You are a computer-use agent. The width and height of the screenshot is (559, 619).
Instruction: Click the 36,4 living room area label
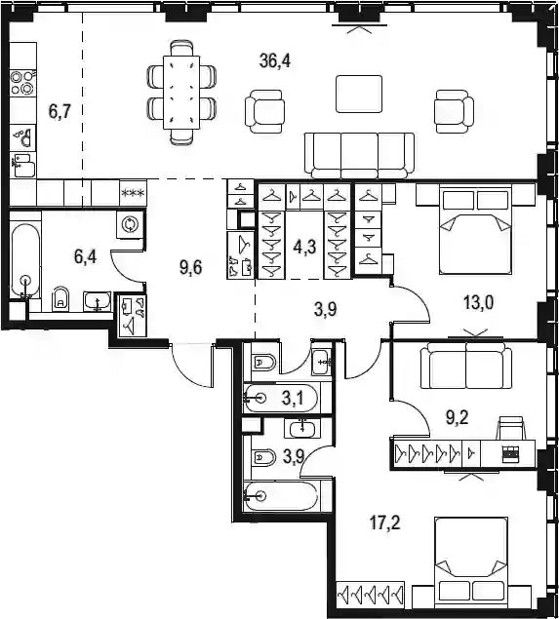coord(275,61)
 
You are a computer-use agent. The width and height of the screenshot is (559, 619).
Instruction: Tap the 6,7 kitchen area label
coord(60,112)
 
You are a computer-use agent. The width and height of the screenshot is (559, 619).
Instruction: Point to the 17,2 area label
coord(384,523)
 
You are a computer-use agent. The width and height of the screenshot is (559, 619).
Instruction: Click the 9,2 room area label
coord(458,417)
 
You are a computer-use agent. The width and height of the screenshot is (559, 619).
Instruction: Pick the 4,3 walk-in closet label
coord(304,248)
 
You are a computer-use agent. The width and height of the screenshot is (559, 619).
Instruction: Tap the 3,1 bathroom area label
coord(293,399)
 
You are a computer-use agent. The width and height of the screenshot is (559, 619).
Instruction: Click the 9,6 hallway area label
coord(191,268)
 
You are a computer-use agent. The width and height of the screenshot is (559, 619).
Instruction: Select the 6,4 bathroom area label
coord(85,257)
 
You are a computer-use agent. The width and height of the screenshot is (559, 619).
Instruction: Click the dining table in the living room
coord(182,92)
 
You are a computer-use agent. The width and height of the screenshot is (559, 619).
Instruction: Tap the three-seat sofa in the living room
coord(360,156)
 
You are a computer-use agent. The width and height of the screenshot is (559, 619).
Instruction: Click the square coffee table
coord(359,94)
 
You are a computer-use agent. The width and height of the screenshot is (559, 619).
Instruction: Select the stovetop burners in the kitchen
coord(22,83)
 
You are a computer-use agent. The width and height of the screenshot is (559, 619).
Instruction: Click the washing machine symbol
coord(130,224)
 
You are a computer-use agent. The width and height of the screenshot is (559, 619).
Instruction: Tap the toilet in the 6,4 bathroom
coord(60,299)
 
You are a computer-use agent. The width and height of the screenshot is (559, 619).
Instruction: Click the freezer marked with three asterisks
coord(133,193)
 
